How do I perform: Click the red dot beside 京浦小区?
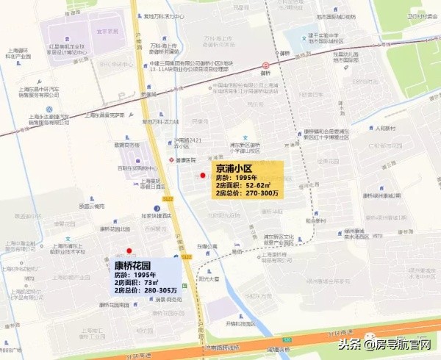click(203, 175)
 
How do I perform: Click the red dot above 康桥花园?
click(129, 251)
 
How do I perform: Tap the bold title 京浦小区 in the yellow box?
click(234, 168)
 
